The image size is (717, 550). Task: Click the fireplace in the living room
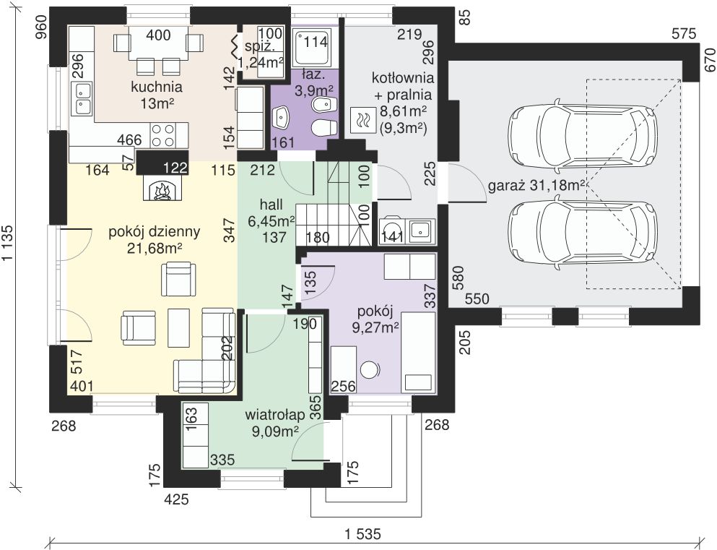point(162,189)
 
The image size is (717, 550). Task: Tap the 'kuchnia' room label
point(157,87)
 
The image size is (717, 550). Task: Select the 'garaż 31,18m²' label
point(536,185)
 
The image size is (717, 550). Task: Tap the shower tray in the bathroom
point(313,48)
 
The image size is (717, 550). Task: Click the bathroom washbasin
point(280,118)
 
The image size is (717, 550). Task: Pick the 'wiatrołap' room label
point(275,415)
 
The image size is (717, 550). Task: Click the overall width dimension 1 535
point(362,533)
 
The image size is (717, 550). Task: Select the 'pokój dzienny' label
point(154,232)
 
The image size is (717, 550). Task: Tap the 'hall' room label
point(271,204)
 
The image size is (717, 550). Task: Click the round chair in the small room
point(370,369)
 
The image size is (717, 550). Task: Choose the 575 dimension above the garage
point(684,33)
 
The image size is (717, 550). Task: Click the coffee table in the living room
point(179,327)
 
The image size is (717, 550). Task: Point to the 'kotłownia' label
point(402,77)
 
